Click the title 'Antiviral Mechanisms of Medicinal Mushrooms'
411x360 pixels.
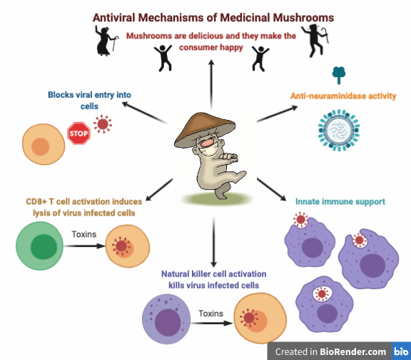[213, 16]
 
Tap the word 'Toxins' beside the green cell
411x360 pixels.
[86, 234]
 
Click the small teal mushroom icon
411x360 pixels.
[338, 75]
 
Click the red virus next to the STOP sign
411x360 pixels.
[103, 126]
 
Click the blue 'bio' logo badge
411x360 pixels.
[400, 351]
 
